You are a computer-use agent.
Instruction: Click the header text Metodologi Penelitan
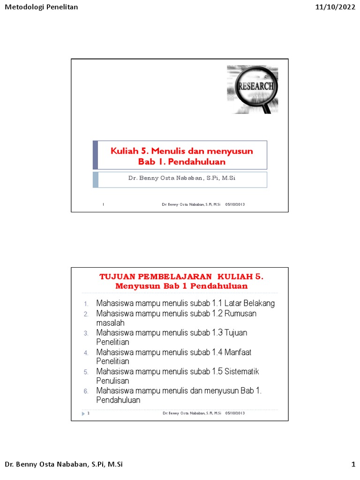(x=41, y=7)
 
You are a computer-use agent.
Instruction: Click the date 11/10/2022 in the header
(x=335, y=7)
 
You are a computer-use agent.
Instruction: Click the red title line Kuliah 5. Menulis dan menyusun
(x=182, y=150)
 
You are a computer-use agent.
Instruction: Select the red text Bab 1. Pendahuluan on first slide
(x=182, y=162)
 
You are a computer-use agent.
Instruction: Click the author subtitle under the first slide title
(x=181, y=179)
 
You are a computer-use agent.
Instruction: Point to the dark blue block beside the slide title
(x=96, y=155)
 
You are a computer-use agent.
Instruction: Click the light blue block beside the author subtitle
(x=96, y=180)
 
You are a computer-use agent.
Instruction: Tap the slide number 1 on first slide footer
(x=103, y=204)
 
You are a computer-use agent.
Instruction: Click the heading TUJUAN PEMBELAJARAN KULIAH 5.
(x=181, y=277)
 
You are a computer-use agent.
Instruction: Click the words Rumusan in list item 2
(x=240, y=314)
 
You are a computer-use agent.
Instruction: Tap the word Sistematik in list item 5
(x=242, y=372)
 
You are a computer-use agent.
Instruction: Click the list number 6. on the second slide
(x=86, y=391)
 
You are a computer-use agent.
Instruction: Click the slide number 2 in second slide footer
(x=89, y=413)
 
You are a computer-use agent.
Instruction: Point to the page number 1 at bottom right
(x=353, y=465)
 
